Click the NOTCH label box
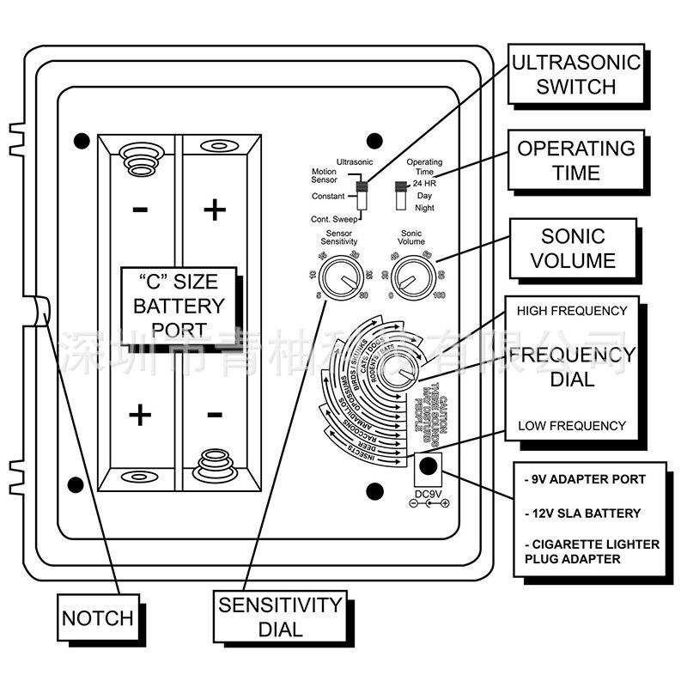coord(98,617)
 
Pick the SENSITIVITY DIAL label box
coord(280,617)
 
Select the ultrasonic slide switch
coord(361,192)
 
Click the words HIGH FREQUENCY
coord(571,311)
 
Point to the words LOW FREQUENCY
coord(571,425)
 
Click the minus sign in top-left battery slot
coord(141,209)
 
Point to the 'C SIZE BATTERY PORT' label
coord(179,306)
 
